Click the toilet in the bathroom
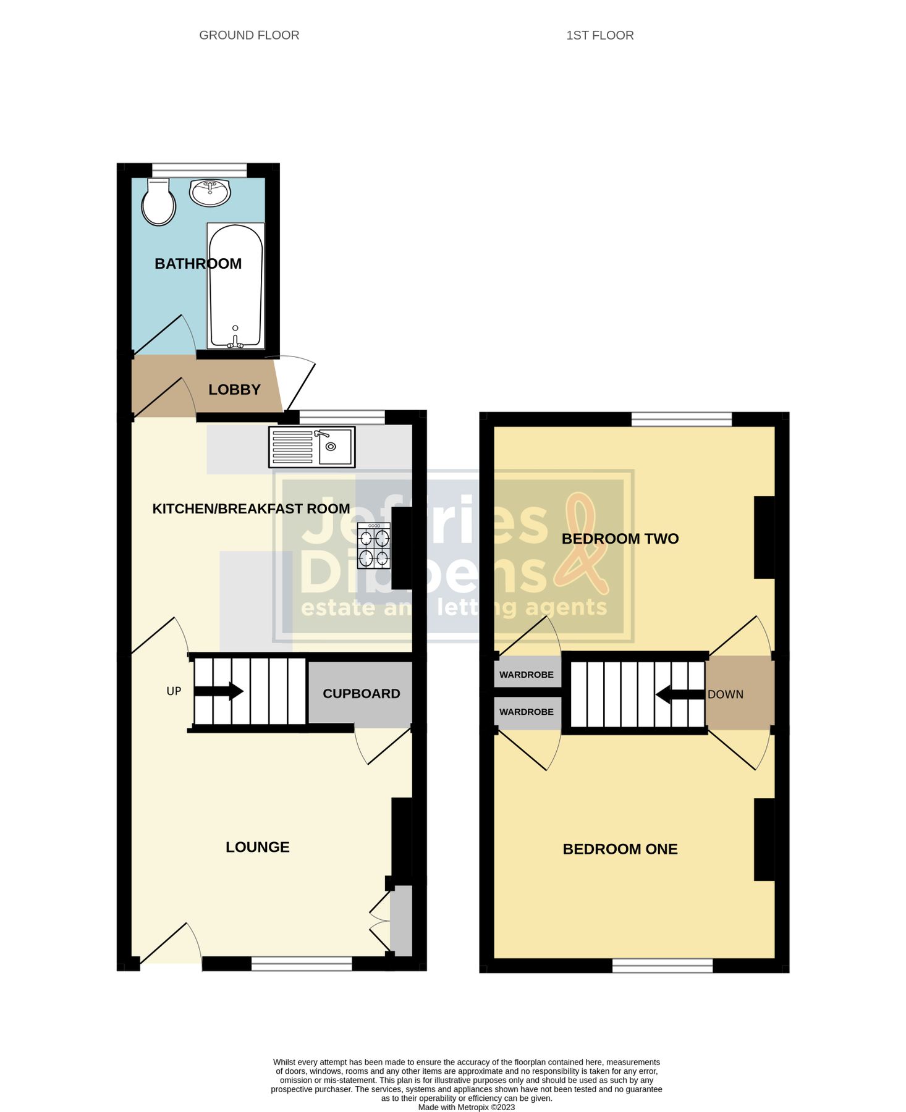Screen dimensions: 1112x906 pyautogui.click(x=159, y=202)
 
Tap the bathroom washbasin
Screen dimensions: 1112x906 pyautogui.click(x=210, y=192)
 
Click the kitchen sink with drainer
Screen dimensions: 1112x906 pyautogui.click(x=311, y=447)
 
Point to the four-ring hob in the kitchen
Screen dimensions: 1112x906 pyautogui.click(x=374, y=545)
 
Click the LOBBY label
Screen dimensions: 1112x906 pyautogui.click(x=234, y=390)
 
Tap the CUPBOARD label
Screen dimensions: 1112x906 pyautogui.click(x=362, y=694)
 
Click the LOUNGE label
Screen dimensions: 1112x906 pyautogui.click(x=257, y=847)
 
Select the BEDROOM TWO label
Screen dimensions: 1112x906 pyautogui.click(x=620, y=539)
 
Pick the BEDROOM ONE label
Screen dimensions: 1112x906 pyautogui.click(x=620, y=849)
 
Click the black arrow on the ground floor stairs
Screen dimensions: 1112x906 pyautogui.click(x=219, y=691)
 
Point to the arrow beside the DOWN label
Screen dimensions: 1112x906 pyautogui.click(x=679, y=694)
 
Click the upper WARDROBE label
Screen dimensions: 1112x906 pyautogui.click(x=527, y=675)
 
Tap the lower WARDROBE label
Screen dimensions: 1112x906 pyautogui.click(x=527, y=712)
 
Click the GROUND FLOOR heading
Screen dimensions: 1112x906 pyautogui.click(x=249, y=35)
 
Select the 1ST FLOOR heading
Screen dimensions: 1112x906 pyautogui.click(x=600, y=35)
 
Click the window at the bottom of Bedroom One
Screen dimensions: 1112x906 pyautogui.click(x=663, y=966)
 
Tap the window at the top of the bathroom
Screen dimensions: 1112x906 pyautogui.click(x=199, y=170)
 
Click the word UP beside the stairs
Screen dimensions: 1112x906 pyautogui.click(x=174, y=691)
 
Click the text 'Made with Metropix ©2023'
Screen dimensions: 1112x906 pyautogui.click(x=467, y=1107)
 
